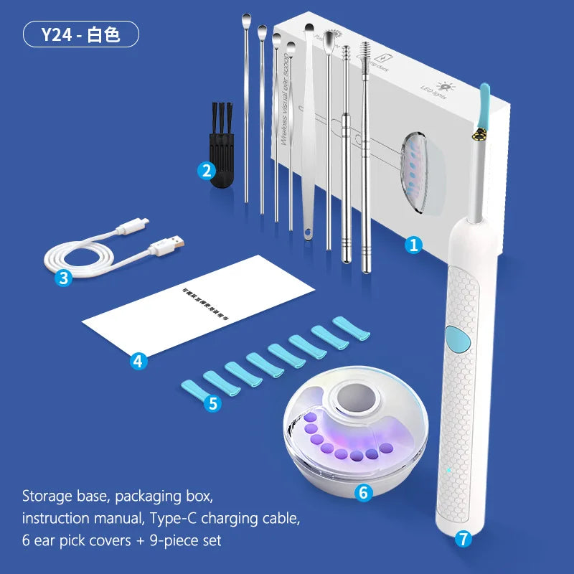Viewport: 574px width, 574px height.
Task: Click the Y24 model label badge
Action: tap(81, 34)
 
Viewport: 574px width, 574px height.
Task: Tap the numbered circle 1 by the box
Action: tap(413, 245)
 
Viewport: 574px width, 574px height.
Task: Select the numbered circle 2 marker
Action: tap(206, 171)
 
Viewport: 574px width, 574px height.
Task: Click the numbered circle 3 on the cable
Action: tap(65, 278)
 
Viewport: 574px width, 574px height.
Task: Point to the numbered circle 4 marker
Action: tap(138, 361)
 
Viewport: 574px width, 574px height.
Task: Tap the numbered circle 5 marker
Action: tap(212, 403)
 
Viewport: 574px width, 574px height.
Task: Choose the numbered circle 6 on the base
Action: tap(364, 493)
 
